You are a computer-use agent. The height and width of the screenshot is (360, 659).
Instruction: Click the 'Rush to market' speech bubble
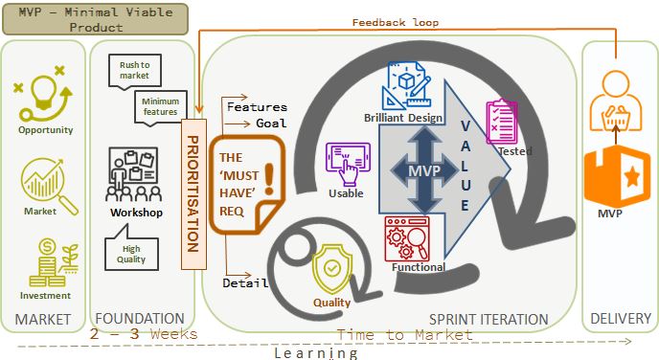click(134, 71)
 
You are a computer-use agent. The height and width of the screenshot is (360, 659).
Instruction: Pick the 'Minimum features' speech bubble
click(160, 107)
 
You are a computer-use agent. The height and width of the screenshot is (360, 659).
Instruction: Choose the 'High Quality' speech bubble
click(131, 249)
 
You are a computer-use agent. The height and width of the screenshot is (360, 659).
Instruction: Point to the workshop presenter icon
click(134, 174)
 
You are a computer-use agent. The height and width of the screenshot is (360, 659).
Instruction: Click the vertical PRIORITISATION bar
click(193, 194)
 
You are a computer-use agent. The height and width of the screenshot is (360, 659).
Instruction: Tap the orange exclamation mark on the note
click(269, 179)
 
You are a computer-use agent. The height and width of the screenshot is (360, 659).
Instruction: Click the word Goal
click(271, 124)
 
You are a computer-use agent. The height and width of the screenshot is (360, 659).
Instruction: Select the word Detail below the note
click(245, 283)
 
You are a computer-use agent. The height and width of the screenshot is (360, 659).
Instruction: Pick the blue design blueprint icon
click(406, 86)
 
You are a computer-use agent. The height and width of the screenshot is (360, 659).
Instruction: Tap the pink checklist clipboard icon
click(501, 123)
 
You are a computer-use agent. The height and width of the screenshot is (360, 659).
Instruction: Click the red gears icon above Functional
click(407, 238)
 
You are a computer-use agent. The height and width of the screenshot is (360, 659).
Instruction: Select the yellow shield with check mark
click(331, 269)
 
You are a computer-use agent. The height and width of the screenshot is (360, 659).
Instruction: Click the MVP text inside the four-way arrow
click(424, 171)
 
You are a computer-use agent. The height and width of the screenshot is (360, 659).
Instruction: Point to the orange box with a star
click(617, 177)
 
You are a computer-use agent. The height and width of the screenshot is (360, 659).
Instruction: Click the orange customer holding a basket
click(616, 101)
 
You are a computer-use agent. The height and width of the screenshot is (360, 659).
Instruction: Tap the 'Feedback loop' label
click(395, 22)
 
